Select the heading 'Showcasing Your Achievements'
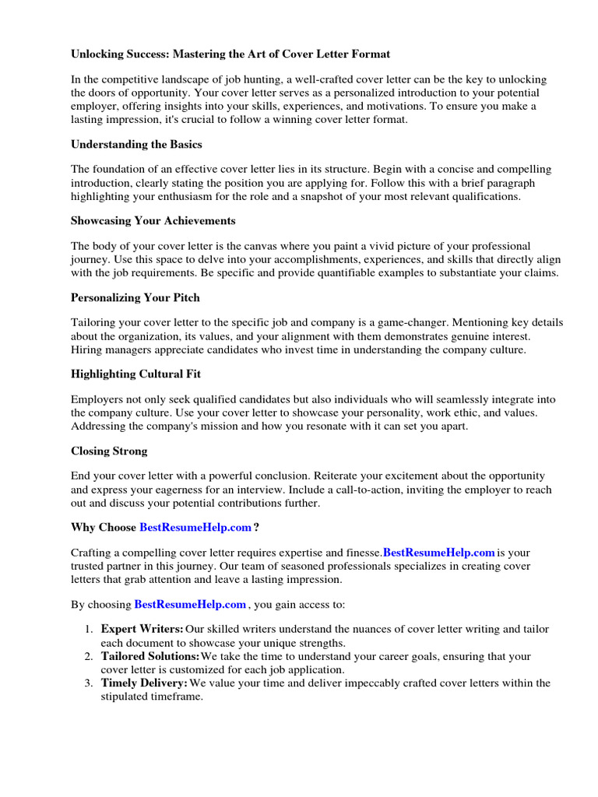point(153,220)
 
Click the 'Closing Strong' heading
point(109,451)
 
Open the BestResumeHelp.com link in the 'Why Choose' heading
point(195,527)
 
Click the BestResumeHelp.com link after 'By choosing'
point(191,603)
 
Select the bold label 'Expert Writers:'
point(142,629)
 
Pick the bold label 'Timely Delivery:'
point(145,683)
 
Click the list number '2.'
point(90,656)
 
